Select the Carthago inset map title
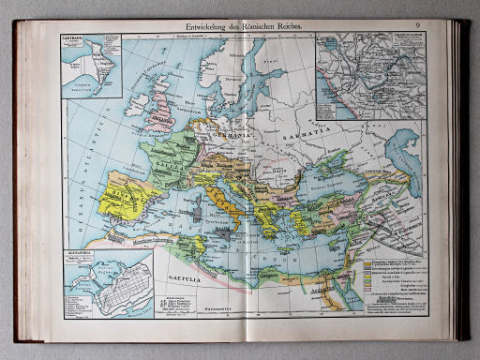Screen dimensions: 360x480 tap(71, 40)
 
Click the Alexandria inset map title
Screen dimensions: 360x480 tap(74, 253)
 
